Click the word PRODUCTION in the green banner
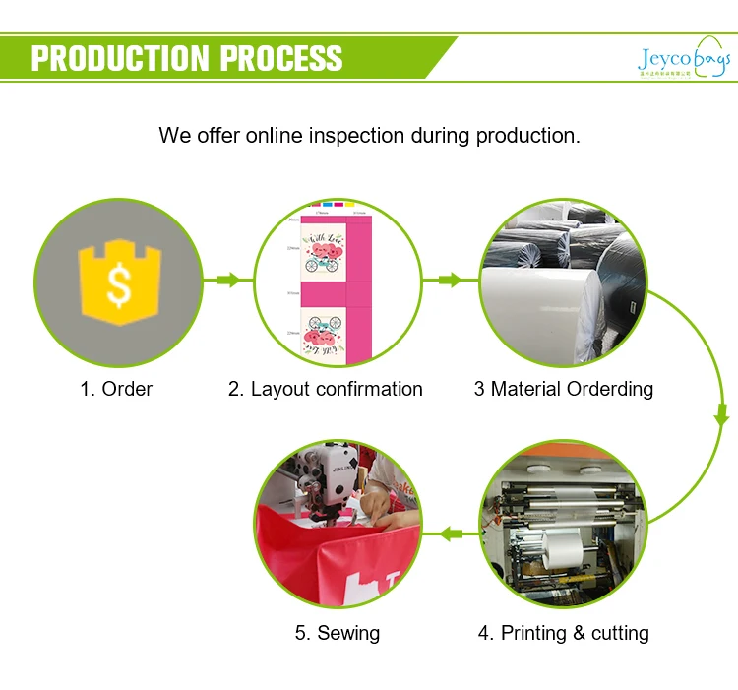[x=121, y=57]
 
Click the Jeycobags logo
[x=683, y=61]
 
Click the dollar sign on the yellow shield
[x=118, y=285]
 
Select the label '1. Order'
[x=116, y=389]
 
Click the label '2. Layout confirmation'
[x=326, y=389]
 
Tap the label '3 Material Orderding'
[x=563, y=389]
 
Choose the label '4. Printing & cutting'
[x=563, y=633]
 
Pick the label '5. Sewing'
[x=337, y=633]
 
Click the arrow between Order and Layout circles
[x=228, y=281]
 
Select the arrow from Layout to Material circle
[x=450, y=281]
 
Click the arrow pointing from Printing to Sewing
[x=451, y=534]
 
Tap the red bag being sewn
[x=325, y=561]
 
